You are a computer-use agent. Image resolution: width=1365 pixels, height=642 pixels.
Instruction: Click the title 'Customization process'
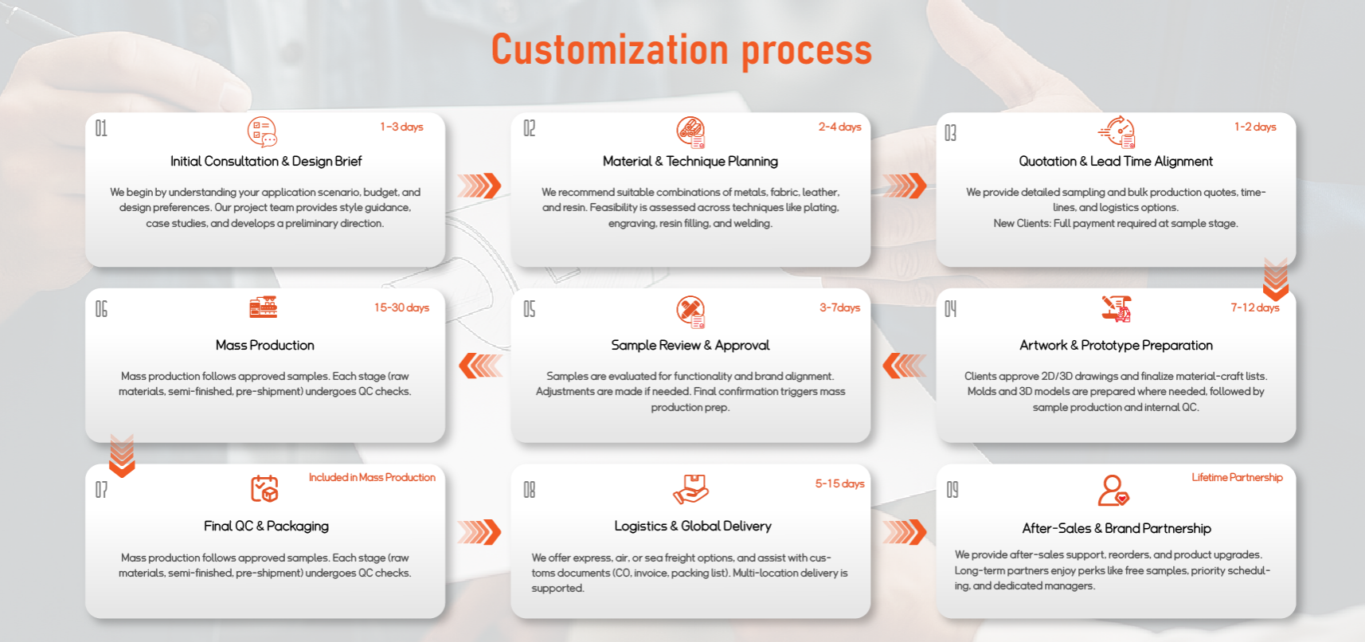[x=681, y=50]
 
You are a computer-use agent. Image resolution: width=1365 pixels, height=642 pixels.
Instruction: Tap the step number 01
[x=101, y=128]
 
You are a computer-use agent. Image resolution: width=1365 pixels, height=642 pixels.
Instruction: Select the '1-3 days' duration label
[x=401, y=127]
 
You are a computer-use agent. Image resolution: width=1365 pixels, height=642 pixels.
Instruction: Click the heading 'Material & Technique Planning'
[x=690, y=161]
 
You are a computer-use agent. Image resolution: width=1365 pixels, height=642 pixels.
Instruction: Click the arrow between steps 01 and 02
[x=479, y=186]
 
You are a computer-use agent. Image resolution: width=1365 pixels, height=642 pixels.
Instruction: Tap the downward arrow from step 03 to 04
[x=1276, y=280]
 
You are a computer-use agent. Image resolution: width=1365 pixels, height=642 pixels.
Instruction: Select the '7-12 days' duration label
[x=1255, y=307]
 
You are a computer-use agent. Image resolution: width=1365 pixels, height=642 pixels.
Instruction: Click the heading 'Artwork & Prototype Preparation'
[x=1116, y=345]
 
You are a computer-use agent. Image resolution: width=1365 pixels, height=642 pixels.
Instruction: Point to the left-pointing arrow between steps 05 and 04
[x=905, y=366]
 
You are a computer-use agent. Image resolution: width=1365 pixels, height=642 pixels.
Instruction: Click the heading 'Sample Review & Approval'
[x=690, y=345]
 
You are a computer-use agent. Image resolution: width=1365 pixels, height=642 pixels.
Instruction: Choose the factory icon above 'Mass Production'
[x=264, y=307]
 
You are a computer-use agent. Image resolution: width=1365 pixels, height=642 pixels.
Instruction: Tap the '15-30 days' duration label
[x=401, y=307]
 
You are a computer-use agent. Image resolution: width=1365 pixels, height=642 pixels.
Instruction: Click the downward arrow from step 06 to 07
[x=122, y=456]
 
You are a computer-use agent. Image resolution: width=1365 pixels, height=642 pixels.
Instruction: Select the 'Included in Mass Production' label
[x=372, y=477]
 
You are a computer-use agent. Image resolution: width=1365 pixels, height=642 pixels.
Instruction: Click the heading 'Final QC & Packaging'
[x=266, y=527]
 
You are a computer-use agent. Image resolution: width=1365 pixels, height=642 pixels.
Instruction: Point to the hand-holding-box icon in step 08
[x=690, y=489]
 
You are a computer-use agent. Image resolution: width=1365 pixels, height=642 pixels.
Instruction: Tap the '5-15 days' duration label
[x=839, y=483]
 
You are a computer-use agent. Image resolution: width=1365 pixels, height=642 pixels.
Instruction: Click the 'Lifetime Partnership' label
[x=1237, y=477]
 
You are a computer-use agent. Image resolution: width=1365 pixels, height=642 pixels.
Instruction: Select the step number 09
[x=952, y=490]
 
